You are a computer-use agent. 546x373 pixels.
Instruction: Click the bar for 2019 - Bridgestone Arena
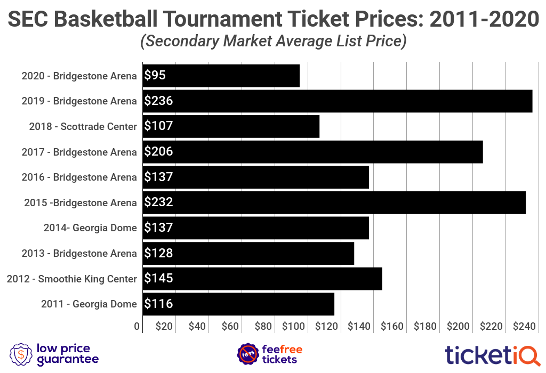coord(337,101)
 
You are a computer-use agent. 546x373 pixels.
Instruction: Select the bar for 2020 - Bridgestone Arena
coord(221,76)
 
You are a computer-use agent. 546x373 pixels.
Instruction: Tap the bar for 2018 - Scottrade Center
coord(231,126)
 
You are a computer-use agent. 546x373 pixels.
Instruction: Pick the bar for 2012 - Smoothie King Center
coord(262,279)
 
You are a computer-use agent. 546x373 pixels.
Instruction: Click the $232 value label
coord(159,202)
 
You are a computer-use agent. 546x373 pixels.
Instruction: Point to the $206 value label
coord(159,152)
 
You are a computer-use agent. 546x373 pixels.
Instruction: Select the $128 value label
coord(159,253)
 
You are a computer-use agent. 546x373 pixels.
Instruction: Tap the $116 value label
coord(159,304)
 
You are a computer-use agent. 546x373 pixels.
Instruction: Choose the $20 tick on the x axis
coord(164,326)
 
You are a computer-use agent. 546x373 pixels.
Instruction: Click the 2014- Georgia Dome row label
coord(90,228)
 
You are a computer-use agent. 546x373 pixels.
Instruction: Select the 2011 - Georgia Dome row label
coord(89,304)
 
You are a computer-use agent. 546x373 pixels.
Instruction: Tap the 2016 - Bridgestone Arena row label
coord(79,177)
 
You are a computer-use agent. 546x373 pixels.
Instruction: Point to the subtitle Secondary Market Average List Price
coord(273,41)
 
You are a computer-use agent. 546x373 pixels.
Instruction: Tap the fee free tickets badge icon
coord(247,354)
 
